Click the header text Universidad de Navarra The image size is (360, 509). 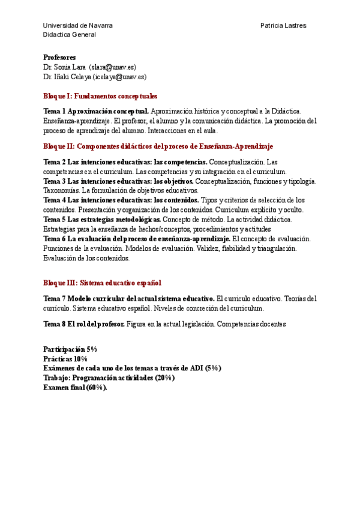[77, 25]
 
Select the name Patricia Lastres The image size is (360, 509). [283, 25]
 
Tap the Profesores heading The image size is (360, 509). [59, 58]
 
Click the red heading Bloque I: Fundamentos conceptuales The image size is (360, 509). [100, 96]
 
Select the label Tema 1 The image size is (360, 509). [55, 111]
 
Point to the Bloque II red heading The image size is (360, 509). [158, 146]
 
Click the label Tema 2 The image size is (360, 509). [55, 162]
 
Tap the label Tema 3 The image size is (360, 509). [55, 181]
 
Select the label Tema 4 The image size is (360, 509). [55, 200]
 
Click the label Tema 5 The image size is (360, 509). [55, 219]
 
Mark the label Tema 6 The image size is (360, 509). [55, 238]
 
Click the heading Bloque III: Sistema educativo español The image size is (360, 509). [102, 283]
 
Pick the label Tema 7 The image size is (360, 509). [55, 298]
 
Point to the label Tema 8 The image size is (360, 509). [55, 324]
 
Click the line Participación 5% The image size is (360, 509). [70, 349]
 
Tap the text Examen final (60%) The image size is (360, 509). [75, 387]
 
